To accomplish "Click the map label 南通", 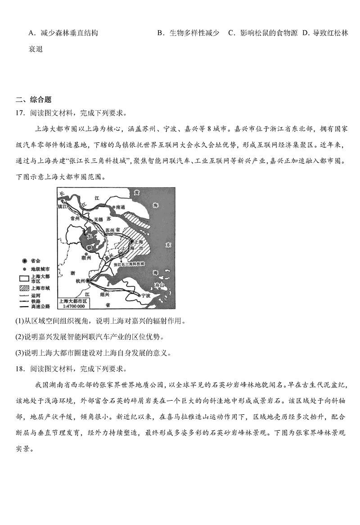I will tap(119, 207).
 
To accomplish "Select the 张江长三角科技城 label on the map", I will tap(129, 265).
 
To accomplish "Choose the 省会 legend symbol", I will tap(23, 261).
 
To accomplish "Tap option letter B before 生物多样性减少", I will tap(160, 33).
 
